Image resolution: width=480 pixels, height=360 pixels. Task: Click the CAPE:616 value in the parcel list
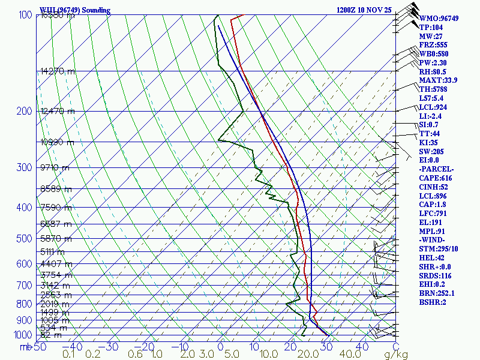pos(435,178)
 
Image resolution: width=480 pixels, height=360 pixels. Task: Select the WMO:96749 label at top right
pos(439,19)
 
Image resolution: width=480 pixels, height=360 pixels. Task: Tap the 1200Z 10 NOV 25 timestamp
pos(364,10)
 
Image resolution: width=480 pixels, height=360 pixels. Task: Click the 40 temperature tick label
pos(361,346)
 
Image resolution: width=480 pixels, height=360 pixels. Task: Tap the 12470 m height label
pos(58,111)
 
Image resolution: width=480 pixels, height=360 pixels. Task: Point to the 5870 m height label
pos(55,238)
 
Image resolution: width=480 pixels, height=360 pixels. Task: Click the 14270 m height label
pos(58,71)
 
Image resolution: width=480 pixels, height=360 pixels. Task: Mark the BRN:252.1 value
pos(437,293)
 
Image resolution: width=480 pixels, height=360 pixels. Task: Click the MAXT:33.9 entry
pos(438,80)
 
